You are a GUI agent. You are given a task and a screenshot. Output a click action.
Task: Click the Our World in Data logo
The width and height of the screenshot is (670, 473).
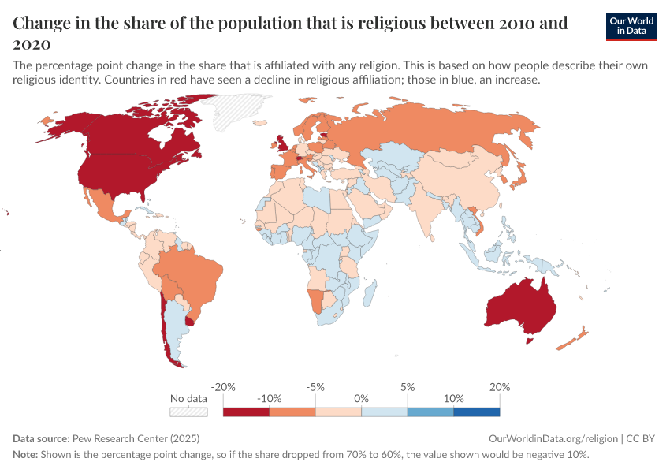pos(631,26)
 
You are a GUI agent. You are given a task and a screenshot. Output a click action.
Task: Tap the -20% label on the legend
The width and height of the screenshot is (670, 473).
pos(224,387)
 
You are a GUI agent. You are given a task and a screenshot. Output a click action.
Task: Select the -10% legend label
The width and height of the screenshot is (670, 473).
pos(270,399)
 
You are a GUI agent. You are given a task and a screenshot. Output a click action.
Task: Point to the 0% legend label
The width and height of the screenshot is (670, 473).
pos(361,399)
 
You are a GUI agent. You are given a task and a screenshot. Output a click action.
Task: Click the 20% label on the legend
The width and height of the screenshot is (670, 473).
pos(499,387)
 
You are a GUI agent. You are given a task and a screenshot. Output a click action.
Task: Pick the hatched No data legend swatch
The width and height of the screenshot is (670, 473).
pos(188,412)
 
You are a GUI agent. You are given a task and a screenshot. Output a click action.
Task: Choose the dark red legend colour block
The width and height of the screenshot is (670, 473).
pos(246,412)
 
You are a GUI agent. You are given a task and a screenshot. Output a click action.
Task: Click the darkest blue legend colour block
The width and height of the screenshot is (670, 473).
pos(476,412)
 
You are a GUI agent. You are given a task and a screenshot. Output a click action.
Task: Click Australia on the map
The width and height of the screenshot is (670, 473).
pos(520,304)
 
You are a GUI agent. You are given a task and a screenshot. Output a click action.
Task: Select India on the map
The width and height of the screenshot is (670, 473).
pos(430,205)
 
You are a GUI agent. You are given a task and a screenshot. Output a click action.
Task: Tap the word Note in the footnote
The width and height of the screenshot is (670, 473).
pos(25,455)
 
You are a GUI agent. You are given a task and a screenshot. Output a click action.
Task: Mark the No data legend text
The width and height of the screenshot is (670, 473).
pos(188,399)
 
